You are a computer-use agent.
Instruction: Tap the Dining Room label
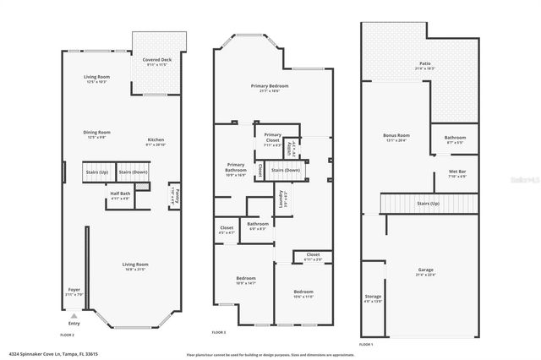click(97, 132)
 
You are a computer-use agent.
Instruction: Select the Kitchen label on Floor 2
click(156, 139)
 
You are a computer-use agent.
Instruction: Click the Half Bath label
click(120, 194)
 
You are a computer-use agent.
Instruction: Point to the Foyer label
click(74, 289)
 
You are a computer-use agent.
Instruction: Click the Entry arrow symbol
click(74, 315)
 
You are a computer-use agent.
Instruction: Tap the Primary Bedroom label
click(269, 86)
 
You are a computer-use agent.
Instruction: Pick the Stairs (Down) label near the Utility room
click(286, 170)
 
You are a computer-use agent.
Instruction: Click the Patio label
click(424, 63)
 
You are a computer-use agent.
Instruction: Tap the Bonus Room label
click(396, 135)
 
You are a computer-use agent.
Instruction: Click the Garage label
click(426, 270)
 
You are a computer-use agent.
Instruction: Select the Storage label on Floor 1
click(374, 297)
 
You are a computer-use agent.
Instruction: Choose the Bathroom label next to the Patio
click(455, 137)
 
